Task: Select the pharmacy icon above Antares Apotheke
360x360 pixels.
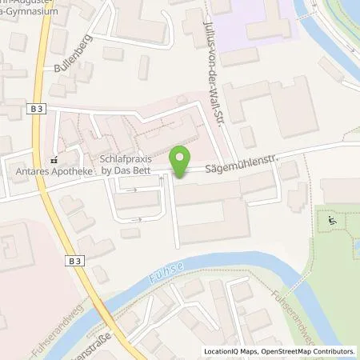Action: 54,158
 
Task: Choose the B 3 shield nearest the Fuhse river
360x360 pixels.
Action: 74,261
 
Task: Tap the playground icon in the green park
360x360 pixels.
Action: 330,219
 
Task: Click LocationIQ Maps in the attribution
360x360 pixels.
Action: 230,351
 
